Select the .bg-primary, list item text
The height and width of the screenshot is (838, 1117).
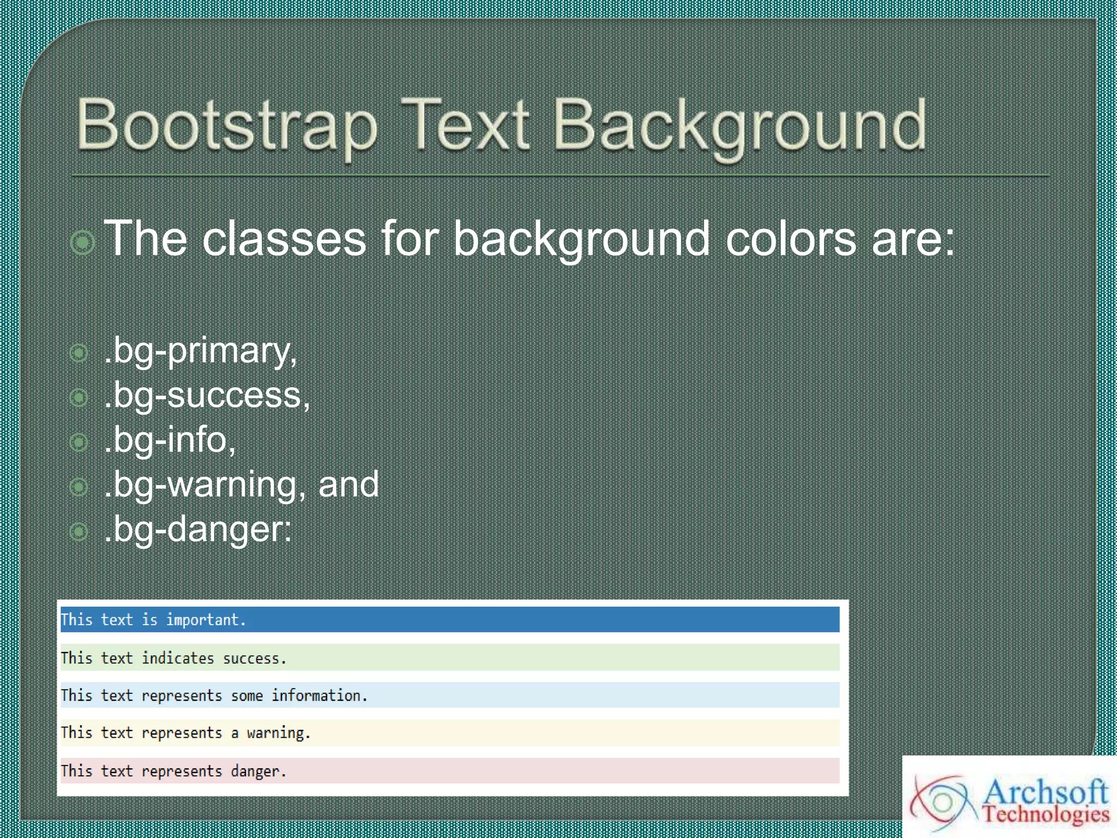[x=201, y=351]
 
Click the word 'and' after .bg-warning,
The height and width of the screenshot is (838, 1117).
[x=348, y=484]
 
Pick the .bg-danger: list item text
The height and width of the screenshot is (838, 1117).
[x=198, y=529]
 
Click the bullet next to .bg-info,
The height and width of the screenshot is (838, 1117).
[x=79, y=442]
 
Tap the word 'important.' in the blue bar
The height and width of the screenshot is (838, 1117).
[x=206, y=620]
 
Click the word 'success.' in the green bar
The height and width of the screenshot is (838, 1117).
[x=254, y=659]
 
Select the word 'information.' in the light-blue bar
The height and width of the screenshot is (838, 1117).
[x=320, y=696]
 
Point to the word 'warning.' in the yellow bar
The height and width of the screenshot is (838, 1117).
[x=278, y=733]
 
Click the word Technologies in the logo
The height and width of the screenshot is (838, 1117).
[x=1046, y=814]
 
